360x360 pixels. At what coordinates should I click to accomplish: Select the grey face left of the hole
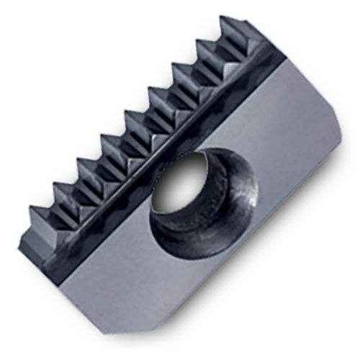[108, 238]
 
